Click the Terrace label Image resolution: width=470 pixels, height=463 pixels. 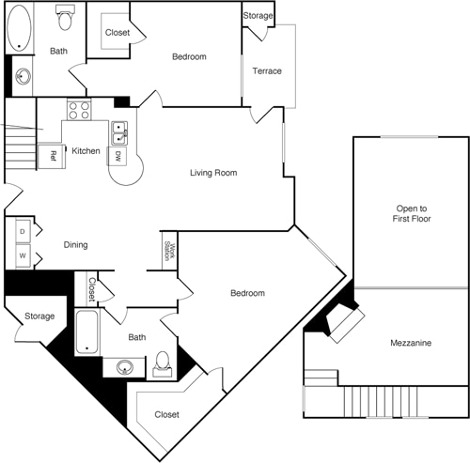[268, 71]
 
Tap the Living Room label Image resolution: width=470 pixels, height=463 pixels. [212, 173]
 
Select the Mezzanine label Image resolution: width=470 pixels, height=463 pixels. [411, 344]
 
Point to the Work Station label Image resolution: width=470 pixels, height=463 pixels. [169, 250]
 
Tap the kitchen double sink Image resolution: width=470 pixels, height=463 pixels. [119, 132]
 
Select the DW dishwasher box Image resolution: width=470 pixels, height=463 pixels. [118, 156]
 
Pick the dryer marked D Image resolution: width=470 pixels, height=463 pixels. [21, 230]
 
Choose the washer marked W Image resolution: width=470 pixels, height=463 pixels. [21, 255]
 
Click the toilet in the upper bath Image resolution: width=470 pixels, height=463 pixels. [65, 16]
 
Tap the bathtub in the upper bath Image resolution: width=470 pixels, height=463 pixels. [19, 28]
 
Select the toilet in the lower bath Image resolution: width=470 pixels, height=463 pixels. [163, 362]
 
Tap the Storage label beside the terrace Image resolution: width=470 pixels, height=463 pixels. [258, 17]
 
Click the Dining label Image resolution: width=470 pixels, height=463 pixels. [75, 245]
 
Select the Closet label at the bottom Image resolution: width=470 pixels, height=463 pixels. [166, 414]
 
